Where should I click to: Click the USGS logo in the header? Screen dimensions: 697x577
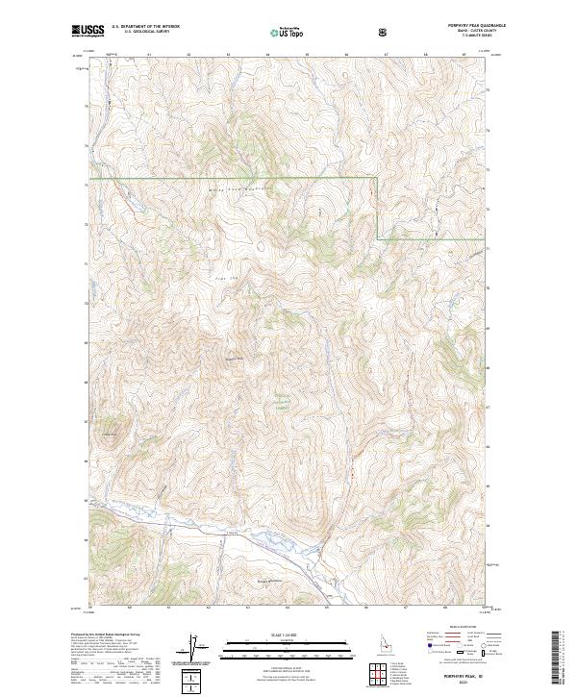88,32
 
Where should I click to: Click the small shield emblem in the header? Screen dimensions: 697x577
384,33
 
